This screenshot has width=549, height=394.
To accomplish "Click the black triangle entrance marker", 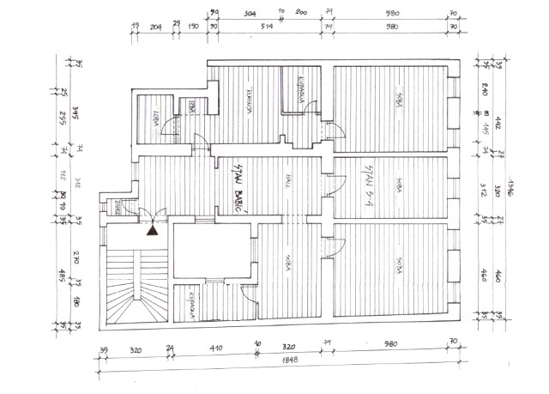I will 152,228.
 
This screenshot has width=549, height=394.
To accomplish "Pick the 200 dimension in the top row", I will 301,15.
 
